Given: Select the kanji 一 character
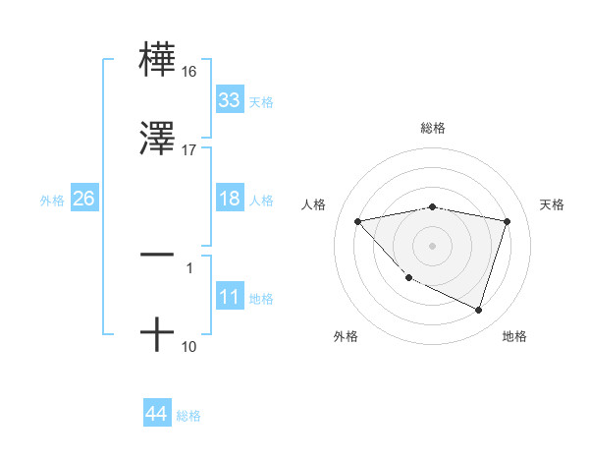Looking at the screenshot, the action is [x=157, y=254].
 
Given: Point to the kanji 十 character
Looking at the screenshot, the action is [x=157, y=335].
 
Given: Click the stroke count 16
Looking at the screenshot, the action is [x=189, y=72].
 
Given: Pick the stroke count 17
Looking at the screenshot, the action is [x=189, y=150].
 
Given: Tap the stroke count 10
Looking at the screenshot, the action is [x=189, y=347].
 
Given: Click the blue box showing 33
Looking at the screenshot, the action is [x=230, y=100].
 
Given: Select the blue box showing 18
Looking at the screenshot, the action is [x=230, y=199].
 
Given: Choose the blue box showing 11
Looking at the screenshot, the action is [x=230, y=297].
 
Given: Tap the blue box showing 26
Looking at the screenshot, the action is [x=84, y=199].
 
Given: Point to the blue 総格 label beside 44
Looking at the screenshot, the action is [x=188, y=416].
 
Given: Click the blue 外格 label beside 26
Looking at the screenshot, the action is [x=52, y=200].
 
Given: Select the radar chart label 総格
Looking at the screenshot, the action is [x=433, y=128].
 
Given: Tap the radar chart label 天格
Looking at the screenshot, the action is [x=553, y=204].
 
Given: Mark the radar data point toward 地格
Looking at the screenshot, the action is [x=478, y=311].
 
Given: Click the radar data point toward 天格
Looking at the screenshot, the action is [x=508, y=221].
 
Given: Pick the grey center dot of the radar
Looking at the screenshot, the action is [x=433, y=245].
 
